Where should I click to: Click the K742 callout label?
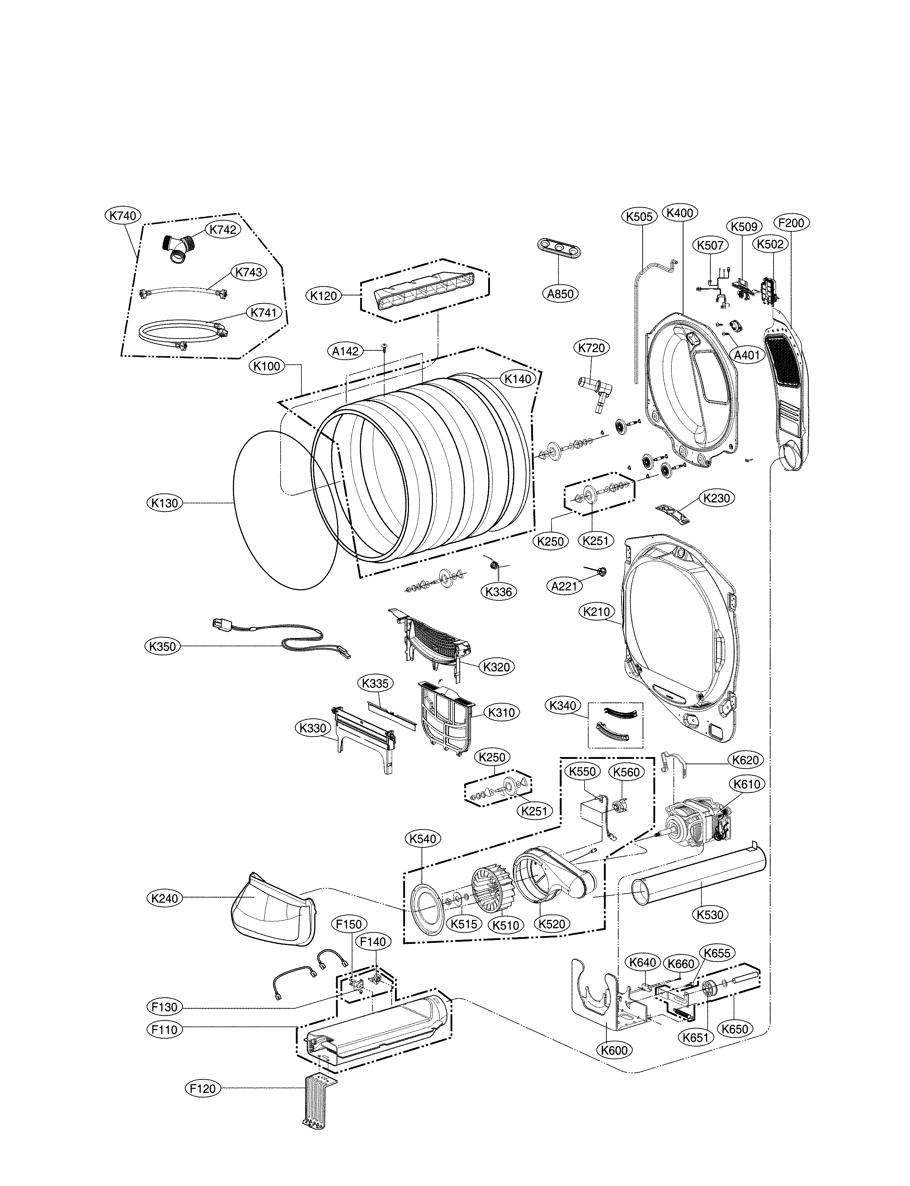[223, 229]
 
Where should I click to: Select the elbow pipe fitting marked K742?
[178, 248]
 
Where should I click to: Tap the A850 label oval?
[560, 293]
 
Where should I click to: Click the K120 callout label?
[323, 296]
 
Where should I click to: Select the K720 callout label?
[591, 348]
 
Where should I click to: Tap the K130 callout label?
[165, 503]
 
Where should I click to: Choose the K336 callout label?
[498, 592]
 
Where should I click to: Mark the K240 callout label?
[165, 898]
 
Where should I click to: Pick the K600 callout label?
[614, 1050]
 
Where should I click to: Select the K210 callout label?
[597, 612]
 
